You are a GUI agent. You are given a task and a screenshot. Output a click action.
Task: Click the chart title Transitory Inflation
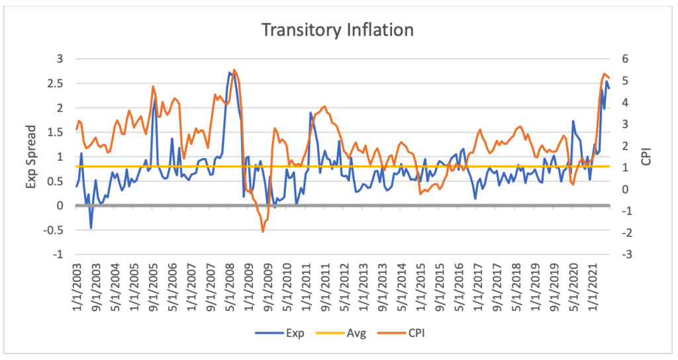tap(338, 30)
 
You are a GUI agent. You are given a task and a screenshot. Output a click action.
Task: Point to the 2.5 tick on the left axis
tap(58, 83)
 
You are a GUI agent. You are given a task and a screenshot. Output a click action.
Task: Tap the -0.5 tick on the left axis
tap(56, 230)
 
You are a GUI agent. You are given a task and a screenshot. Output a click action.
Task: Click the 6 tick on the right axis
tap(625, 59)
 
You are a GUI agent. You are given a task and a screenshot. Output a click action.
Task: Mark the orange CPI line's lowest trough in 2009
tap(263, 232)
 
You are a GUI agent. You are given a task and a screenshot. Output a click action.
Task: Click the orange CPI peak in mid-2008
tap(234, 69)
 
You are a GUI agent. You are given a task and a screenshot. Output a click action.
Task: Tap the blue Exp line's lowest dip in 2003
tap(91, 228)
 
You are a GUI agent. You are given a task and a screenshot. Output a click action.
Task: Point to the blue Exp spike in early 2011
tap(311, 112)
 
